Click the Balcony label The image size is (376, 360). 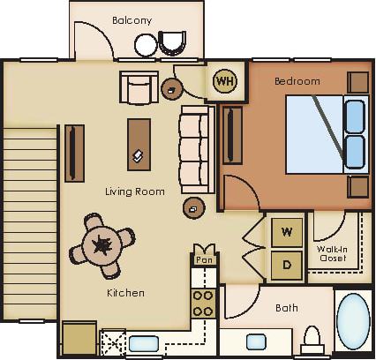[132, 20]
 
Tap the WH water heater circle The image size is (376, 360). [225, 80]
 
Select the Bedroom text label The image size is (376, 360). [297, 81]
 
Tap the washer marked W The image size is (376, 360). [287, 233]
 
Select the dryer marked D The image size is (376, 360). [287, 265]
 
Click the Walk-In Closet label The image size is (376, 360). [331, 255]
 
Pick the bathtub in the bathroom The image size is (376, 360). [353, 322]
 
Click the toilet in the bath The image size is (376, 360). [312, 339]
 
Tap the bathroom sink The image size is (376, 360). [257, 341]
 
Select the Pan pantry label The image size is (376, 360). [204, 260]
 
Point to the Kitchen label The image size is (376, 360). [125, 292]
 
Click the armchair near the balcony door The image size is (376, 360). [137, 86]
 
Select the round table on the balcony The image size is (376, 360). [145, 44]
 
